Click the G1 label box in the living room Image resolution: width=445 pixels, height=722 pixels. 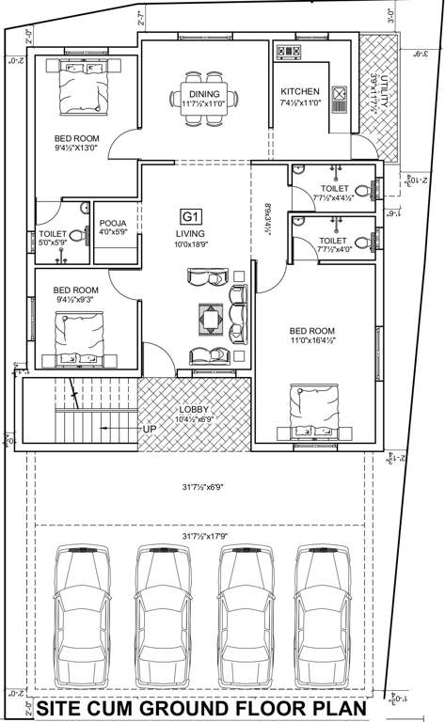tap(192, 214)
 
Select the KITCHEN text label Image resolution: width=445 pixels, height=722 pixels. tap(300, 92)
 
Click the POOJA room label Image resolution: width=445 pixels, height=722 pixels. tap(113, 224)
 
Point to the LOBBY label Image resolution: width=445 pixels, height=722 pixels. tap(195, 410)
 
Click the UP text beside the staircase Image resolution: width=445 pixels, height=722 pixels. tap(150, 429)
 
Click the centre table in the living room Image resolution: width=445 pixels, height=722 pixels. tap(210, 320)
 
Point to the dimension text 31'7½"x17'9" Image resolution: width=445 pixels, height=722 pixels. tap(200, 537)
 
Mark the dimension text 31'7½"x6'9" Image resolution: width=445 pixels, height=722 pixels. tap(200, 487)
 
